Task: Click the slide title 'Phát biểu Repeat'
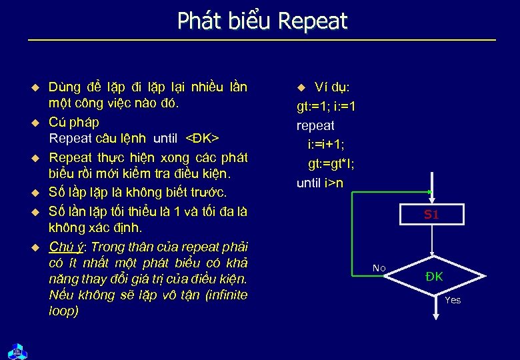262,21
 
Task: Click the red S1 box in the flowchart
431,215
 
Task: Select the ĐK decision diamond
433,276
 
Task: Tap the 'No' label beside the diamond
379,268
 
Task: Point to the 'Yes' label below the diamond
453,300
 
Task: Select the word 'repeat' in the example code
315,125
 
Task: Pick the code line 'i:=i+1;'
327,145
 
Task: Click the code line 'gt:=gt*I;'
331,163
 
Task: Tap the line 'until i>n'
320,183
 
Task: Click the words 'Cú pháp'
74,122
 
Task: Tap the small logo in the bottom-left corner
15,350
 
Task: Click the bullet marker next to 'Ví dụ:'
301,87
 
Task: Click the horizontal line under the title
262,41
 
